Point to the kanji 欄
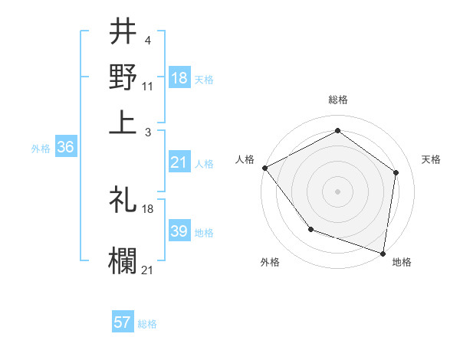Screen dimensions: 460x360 pyautogui.click(x=123, y=259)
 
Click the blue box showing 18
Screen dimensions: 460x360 pyautogui.click(x=179, y=78)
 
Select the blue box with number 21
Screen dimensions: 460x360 pyautogui.click(x=179, y=162)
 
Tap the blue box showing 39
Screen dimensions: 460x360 pyautogui.click(x=179, y=232)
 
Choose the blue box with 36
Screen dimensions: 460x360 pyautogui.click(x=65, y=148)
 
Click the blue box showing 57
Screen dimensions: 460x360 pyautogui.click(x=123, y=322)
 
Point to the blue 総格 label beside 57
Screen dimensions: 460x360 pyautogui.click(x=147, y=324)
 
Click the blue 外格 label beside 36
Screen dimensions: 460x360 pyautogui.click(x=41, y=149)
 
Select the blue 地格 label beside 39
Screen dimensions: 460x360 pyautogui.click(x=204, y=233)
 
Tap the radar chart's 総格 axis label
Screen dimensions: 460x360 pyautogui.click(x=338, y=100)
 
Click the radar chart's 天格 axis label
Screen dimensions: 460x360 pyautogui.click(x=431, y=159)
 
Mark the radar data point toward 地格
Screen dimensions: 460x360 pyautogui.click(x=383, y=253)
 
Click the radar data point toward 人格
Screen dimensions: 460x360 pyautogui.click(x=264, y=167)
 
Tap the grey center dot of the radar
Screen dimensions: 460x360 pyautogui.click(x=338, y=191)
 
